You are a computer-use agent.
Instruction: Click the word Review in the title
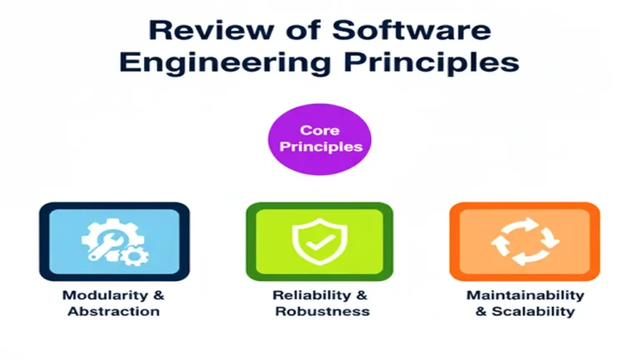[x=197, y=30]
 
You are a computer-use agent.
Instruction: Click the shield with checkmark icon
[x=320, y=240]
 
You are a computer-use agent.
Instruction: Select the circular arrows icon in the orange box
[x=524, y=241]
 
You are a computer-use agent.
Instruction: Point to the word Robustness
[x=320, y=312]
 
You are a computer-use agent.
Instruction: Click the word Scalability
[x=532, y=312]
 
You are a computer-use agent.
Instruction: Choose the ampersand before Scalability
[x=481, y=312]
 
